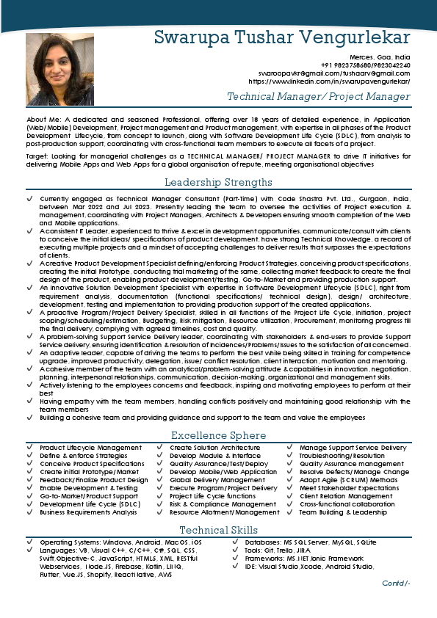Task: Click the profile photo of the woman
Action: pyautogui.click(x=49, y=70)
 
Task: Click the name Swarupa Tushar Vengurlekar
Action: pyautogui.click(x=282, y=37)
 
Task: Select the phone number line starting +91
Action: pyautogui.click(x=373, y=65)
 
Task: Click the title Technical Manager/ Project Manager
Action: pyautogui.click(x=318, y=97)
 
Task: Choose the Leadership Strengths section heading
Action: pyautogui.click(x=218, y=182)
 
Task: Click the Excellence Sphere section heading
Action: pyautogui.click(x=218, y=435)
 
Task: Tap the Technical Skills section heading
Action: pyautogui.click(x=218, y=530)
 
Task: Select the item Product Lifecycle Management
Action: pyautogui.click(x=90, y=448)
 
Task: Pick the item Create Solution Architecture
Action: pyautogui.click(x=214, y=448)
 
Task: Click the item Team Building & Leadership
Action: pyautogui.click(x=343, y=512)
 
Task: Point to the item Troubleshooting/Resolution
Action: pyautogui.click(x=342, y=456)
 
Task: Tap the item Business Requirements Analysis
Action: pyautogui.click(x=88, y=512)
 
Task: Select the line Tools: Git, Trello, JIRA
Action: pyautogui.click(x=278, y=550)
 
